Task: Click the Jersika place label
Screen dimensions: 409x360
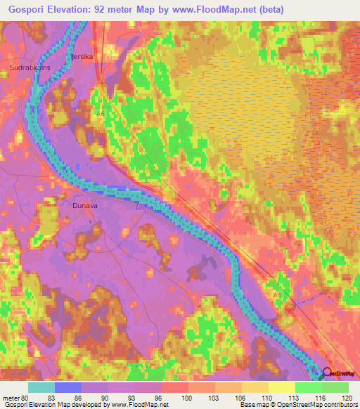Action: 82,56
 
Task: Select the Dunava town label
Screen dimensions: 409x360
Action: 85,206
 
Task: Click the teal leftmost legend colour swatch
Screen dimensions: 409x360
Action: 41,387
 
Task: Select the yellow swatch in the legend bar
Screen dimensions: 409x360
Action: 281,387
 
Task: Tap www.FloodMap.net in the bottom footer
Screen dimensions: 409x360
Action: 135,405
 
